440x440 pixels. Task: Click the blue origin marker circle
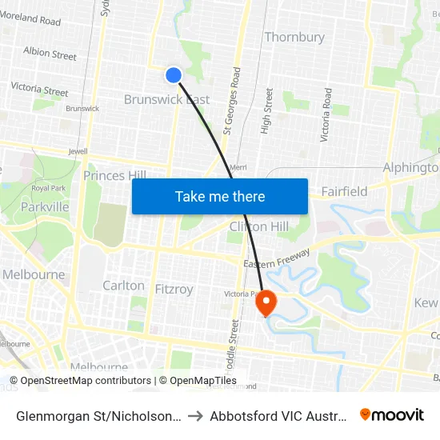coord(174,75)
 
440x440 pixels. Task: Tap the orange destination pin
coord(265,302)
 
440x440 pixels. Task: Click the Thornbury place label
coord(294,37)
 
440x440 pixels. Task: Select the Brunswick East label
coord(166,99)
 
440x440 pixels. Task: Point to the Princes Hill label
coord(115,175)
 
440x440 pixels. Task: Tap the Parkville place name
coord(46,207)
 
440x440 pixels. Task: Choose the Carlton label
coord(123,286)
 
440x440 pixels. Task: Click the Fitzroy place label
coord(173,289)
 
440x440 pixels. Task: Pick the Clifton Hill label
coord(258,226)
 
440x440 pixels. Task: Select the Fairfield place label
coord(344,191)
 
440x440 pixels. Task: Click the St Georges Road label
coord(232,99)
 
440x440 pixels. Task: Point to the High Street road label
coord(268,110)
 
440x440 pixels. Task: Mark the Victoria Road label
coord(326,115)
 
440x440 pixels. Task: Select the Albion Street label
coord(50,54)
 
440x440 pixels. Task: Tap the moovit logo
coord(392,414)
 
